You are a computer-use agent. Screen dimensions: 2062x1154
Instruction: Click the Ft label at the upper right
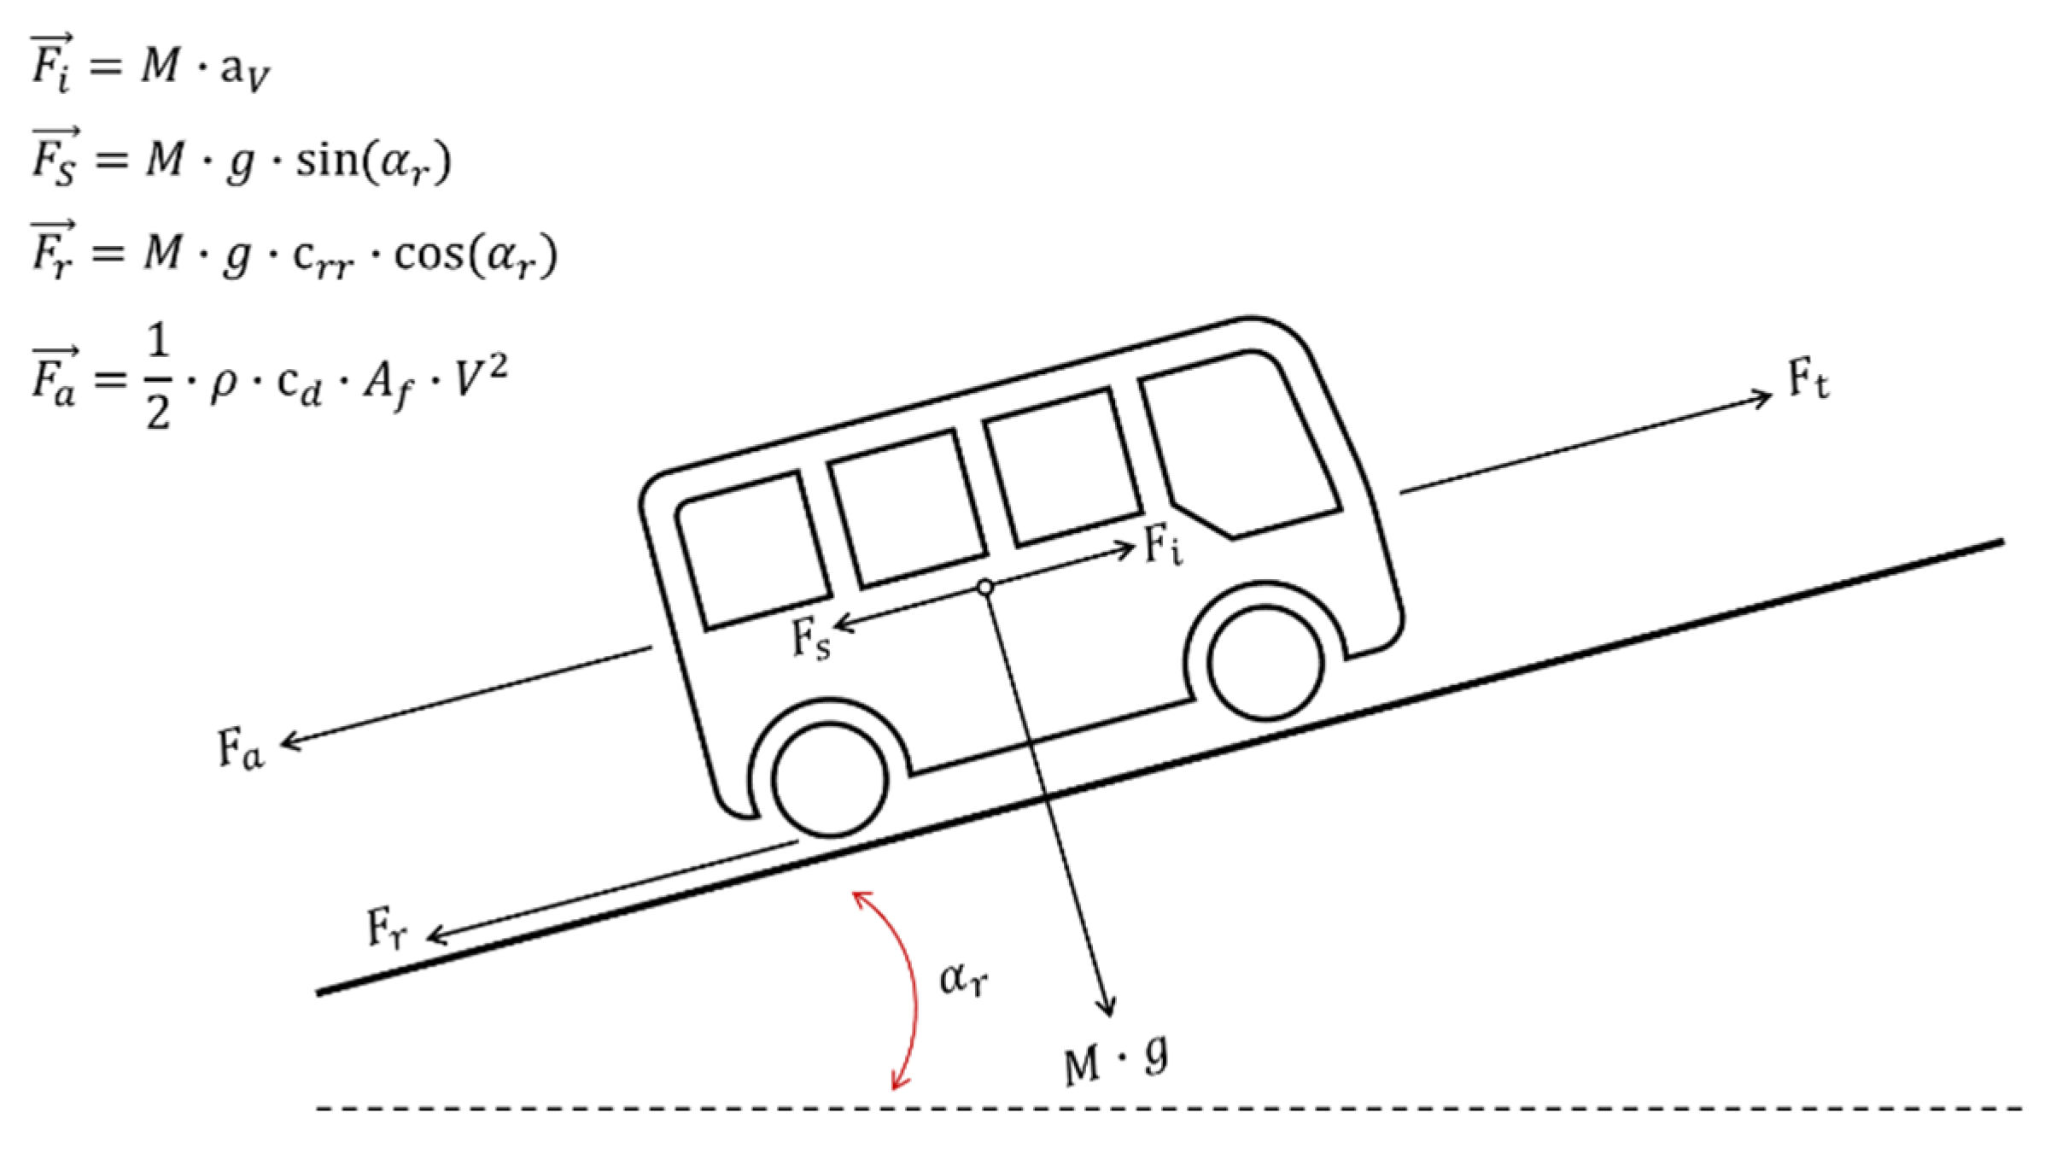coord(1808,382)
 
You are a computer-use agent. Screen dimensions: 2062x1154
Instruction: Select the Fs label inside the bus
coord(809,637)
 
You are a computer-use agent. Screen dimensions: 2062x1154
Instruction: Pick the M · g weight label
coord(1115,1062)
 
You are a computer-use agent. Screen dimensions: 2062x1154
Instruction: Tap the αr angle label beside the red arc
coord(963,977)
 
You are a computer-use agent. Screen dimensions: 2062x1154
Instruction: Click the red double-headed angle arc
coord(912,991)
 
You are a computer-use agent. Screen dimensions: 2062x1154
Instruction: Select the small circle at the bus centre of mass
coord(985,587)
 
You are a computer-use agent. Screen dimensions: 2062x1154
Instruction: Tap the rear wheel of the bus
coord(830,779)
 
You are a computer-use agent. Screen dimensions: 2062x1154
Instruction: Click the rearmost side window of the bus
coord(753,550)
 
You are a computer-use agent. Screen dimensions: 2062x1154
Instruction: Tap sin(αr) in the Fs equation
coord(372,160)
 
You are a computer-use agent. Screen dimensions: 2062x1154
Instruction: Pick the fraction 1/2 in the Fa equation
coord(159,378)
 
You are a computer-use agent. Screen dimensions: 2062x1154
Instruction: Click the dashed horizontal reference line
coord(1170,1109)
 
